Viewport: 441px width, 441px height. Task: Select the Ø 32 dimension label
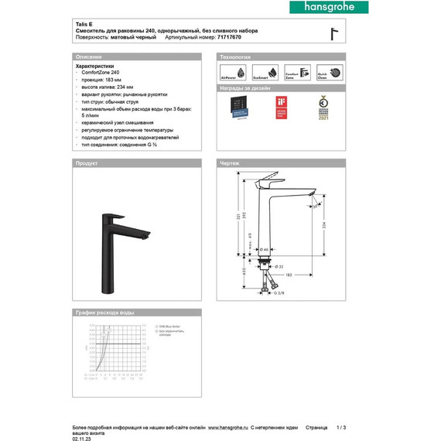(282, 265)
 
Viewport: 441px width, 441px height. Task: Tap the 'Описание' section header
(87, 58)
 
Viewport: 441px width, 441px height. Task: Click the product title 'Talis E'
(82, 24)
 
